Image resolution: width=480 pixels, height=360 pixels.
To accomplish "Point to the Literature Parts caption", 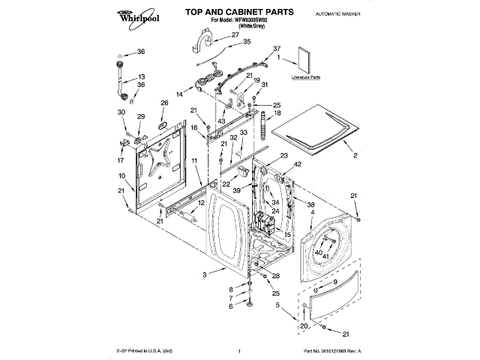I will [305, 76].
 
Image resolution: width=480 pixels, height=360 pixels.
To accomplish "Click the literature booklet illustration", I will [305, 60].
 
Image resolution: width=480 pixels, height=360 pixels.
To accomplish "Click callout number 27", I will [235, 34].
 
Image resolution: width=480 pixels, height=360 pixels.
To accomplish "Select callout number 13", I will [141, 77].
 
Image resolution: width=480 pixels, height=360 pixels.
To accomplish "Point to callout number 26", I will [164, 103].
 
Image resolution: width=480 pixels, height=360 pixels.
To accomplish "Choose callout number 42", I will [298, 163].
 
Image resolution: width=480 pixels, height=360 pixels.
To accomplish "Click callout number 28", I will [275, 277].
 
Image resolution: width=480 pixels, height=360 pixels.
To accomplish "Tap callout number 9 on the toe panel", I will [335, 281].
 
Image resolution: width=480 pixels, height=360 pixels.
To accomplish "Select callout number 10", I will [121, 175].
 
